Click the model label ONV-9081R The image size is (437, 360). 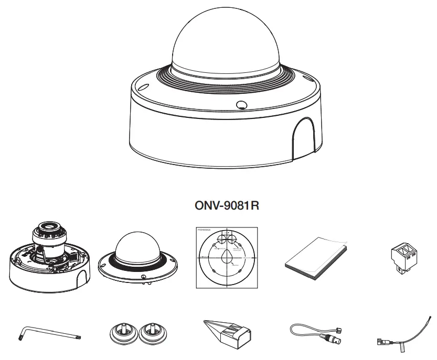click(227, 205)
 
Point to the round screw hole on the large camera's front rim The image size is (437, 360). click(241, 104)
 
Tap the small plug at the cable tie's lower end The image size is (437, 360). click(381, 342)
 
